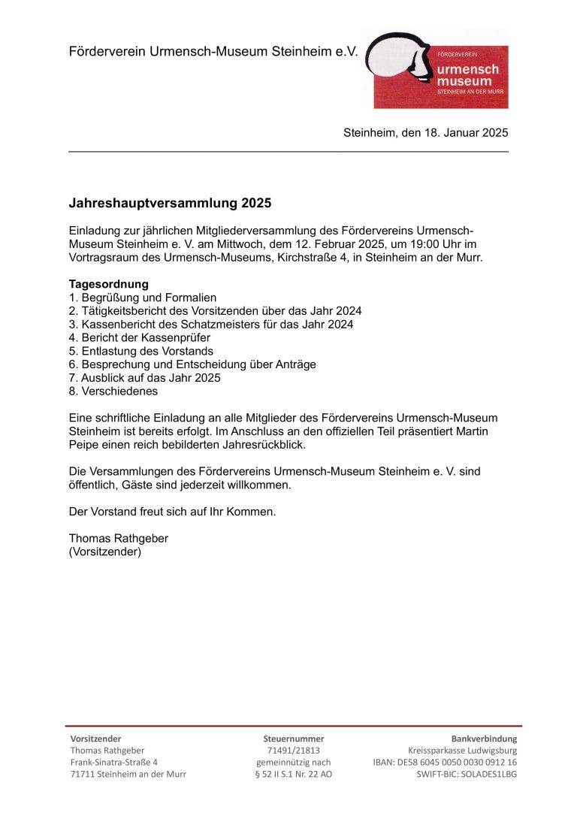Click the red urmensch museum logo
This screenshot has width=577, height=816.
[x=435, y=69]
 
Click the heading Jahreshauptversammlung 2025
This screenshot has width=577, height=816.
[x=169, y=204]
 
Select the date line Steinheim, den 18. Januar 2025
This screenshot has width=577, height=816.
[x=425, y=133]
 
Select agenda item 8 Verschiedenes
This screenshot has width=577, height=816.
[x=113, y=391]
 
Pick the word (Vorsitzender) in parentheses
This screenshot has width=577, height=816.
[x=104, y=552]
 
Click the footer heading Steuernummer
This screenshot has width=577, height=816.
[x=293, y=739]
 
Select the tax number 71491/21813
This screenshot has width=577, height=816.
[x=293, y=750]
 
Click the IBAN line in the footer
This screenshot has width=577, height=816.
[x=444, y=762]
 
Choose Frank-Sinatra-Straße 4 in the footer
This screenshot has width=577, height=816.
[x=113, y=762]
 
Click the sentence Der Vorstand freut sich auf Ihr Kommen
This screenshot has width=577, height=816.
[x=172, y=512]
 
